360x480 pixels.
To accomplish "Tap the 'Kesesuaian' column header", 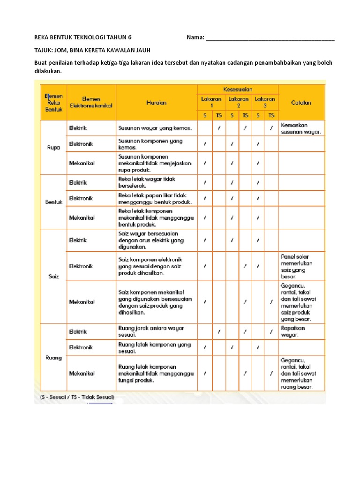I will (238, 89).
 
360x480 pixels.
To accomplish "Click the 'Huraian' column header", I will (156, 103).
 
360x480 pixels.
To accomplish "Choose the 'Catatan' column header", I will (301, 103).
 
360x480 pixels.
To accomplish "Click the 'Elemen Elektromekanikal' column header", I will (91, 103).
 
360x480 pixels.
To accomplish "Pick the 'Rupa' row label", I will (54, 147).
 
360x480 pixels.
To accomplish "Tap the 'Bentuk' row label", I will (54, 202).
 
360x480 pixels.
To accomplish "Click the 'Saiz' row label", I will (54, 276).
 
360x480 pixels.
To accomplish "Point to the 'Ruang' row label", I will (54, 358).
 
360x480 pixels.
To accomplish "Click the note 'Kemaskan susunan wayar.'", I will (301, 128).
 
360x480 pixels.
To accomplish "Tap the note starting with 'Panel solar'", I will (297, 266).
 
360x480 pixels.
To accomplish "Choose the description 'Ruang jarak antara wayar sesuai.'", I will (151, 331).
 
